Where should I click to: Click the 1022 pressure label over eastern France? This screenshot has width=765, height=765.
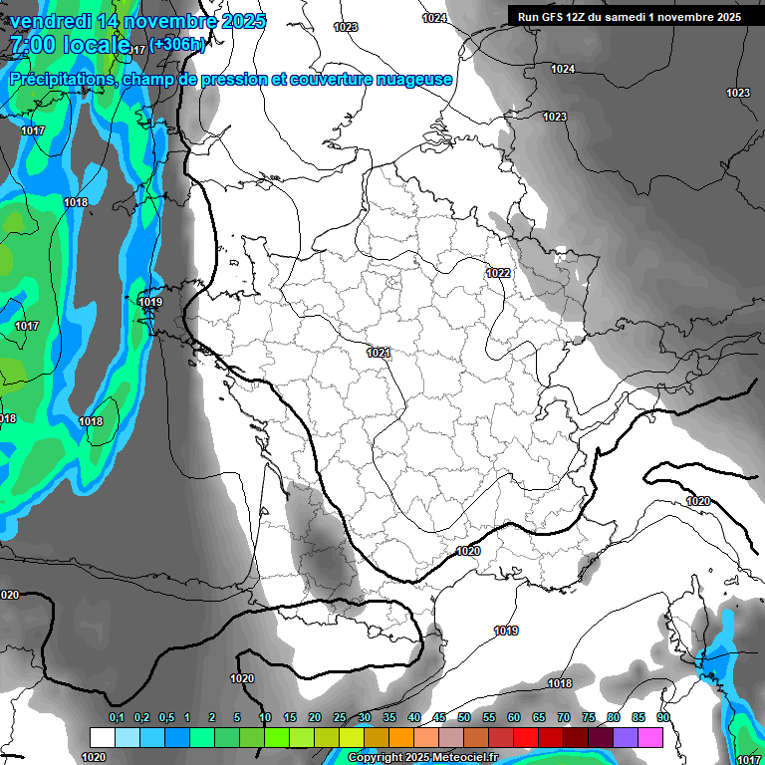tap(498, 273)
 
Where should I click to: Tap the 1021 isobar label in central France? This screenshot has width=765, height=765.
tap(379, 353)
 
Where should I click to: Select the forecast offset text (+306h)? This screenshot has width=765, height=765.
tap(177, 44)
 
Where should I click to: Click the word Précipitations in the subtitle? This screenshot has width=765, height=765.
tap(62, 79)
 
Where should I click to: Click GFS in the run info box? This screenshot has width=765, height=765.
tap(554, 17)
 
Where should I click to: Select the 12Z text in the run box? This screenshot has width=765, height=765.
tap(581, 17)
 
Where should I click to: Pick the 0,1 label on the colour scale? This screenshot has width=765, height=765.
tap(117, 717)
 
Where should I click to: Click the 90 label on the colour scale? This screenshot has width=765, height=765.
tap(662, 717)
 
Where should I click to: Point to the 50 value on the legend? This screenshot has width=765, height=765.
tap(464, 717)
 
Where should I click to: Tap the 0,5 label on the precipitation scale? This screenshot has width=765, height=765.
tap(165, 717)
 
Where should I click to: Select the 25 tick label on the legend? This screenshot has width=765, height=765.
tap(340, 717)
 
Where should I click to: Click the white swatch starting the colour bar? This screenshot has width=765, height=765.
tap(102, 737)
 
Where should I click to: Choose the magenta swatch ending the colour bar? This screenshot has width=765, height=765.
tap(649, 737)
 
